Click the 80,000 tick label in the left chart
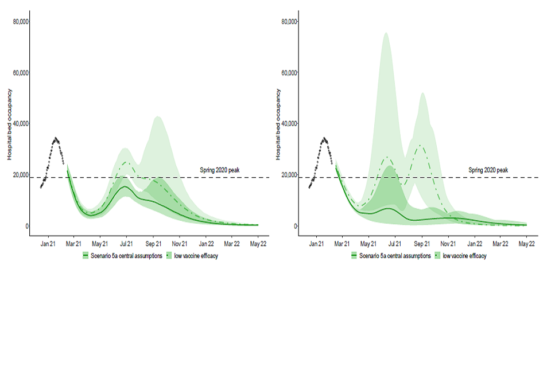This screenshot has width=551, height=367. pyautogui.click(x=21, y=22)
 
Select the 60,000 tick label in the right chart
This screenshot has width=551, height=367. pyautogui.click(x=290, y=73)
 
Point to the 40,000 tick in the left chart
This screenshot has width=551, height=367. pyautogui.click(x=21, y=124)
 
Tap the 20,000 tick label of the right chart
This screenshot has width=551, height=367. pyautogui.click(x=290, y=175)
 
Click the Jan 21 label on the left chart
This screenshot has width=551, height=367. pyautogui.click(x=48, y=243)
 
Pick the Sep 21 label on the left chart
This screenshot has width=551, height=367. pyautogui.click(x=153, y=243)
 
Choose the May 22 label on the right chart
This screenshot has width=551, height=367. pyautogui.click(x=526, y=243)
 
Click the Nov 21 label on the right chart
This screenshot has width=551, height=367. pyautogui.click(x=448, y=243)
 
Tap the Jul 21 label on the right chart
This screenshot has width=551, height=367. pyautogui.click(x=395, y=243)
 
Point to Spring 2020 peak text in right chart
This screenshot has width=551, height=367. pyautogui.click(x=488, y=170)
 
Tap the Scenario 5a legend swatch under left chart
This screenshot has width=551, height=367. pyautogui.click(x=86, y=256)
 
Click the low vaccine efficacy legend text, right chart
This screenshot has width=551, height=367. pyautogui.click(x=464, y=256)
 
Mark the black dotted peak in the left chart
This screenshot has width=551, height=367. pyautogui.click(x=56, y=138)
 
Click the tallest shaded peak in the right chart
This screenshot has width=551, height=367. pyautogui.click(x=386, y=33)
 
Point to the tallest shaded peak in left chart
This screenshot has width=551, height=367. pyautogui.click(x=157, y=117)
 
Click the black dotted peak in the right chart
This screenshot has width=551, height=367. pyautogui.click(x=324, y=138)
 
